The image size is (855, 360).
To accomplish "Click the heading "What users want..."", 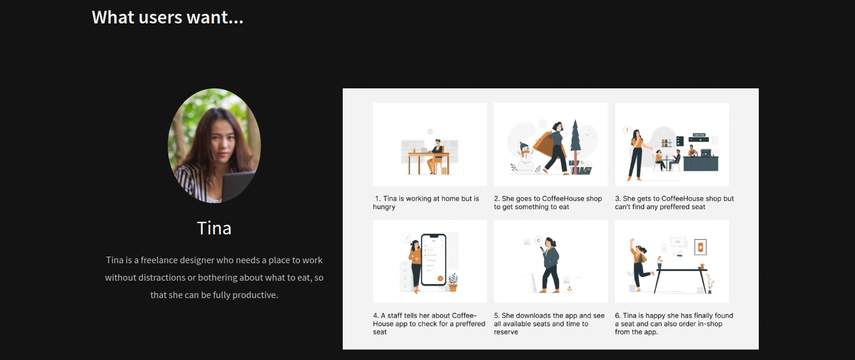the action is click(x=167, y=17).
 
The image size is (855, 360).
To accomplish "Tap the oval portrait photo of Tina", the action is click(x=214, y=145).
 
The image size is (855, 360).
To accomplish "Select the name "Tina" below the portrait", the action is click(x=214, y=228).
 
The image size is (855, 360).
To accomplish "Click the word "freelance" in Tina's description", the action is click(x=159, y=260).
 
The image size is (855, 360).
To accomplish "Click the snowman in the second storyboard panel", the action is click(x=526, y=157).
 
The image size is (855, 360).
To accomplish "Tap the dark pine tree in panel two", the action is click(x=575, y=145).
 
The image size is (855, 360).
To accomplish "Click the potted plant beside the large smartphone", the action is click(x=453, y=282).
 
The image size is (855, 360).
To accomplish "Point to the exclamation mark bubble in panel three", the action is click(x=627, y=130).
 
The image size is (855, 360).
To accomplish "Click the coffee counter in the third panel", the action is click(x=700, y=163).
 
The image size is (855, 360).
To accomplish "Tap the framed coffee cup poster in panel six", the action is click(x=700, y=247).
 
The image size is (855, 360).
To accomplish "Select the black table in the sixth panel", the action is click(x=682, y=281).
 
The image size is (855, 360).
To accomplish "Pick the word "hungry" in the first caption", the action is click(x=384, y=207).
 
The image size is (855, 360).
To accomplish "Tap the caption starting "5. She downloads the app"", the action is click(x=549, y=324).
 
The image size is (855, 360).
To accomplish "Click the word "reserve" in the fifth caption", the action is click(x=506, y=332).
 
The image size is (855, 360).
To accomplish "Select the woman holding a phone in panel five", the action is click(x=550, y=265).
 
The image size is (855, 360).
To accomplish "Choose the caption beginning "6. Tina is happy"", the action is click(x=674, y=324).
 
